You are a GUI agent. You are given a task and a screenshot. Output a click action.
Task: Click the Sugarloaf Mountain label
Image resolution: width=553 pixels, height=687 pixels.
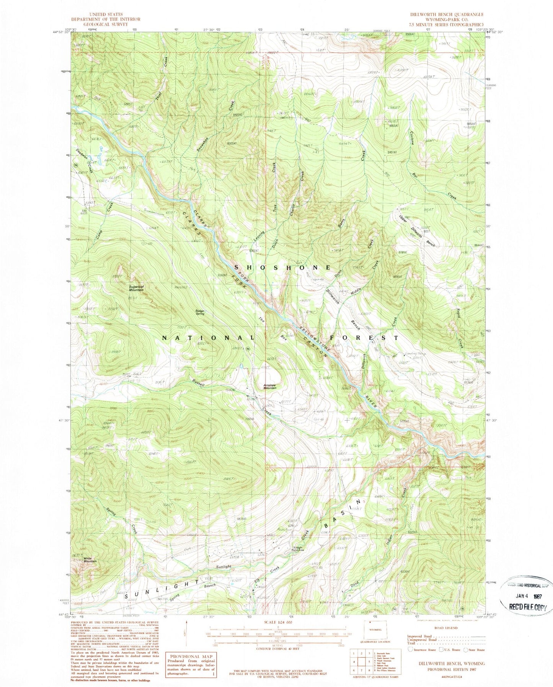pyautogui.click(x=136, y=288)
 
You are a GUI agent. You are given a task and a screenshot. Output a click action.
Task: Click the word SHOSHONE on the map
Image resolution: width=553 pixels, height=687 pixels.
pyautogui.click(x=282, y=268)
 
